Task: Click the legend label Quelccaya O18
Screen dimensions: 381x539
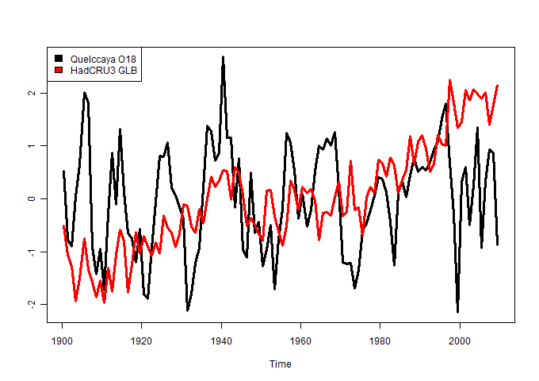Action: point(103,59)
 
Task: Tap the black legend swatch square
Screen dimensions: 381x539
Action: point(57,59)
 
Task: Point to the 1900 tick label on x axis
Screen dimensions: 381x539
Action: point(62,337)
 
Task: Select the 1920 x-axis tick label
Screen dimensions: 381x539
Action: point(141,337)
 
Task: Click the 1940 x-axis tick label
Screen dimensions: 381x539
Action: point(221,337)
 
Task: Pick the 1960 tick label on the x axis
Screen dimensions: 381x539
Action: point(300,337)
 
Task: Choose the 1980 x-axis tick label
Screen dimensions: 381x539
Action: point(380,337)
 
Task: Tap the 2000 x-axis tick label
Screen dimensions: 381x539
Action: point(460,337)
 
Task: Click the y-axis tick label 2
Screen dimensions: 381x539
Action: point(31,93)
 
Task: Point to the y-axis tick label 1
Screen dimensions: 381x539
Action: point(31,146)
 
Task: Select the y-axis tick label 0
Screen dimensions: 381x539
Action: point(31,198)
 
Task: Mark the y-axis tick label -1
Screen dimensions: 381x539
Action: point(31,252)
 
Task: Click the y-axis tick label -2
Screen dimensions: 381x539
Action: point(31,304)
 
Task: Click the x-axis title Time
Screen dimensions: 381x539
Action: point(280,364)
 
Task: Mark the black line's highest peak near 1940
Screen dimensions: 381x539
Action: point(223,57)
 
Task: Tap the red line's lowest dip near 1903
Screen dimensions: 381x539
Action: point(75,300)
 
